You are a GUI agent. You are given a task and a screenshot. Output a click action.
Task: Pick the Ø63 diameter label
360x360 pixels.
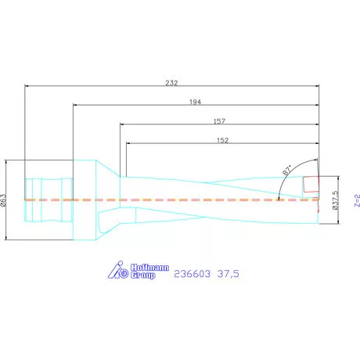(x=5, y=200)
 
